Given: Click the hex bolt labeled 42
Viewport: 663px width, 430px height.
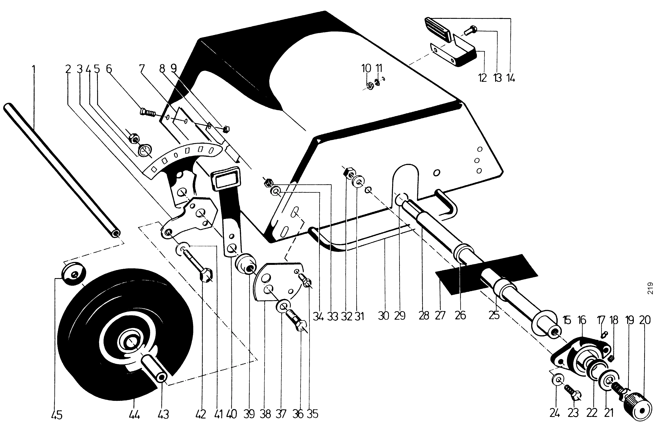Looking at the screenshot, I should click(203, 270).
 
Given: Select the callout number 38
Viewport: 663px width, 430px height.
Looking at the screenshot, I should click(265, 414).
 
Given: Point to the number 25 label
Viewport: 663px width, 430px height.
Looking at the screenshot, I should click(494, 316).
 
